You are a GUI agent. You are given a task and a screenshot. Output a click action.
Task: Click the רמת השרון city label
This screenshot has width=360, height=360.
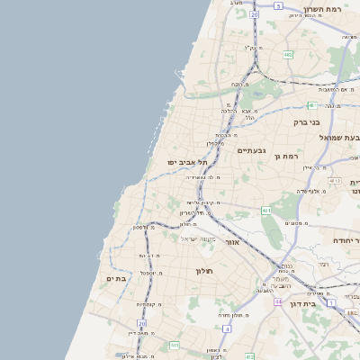tap(326, 9)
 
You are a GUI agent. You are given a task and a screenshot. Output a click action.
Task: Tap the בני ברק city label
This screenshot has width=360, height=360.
tap(307, 121)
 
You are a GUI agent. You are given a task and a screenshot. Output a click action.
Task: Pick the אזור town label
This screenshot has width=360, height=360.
tap(230, 243)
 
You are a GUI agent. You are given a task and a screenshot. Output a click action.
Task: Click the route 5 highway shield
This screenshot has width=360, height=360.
tap(279, 6)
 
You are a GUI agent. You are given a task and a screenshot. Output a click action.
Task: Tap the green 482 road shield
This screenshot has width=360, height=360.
tap(288, 55)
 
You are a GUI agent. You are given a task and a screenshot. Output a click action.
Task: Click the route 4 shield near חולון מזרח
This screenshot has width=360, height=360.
tap(228, 328)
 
